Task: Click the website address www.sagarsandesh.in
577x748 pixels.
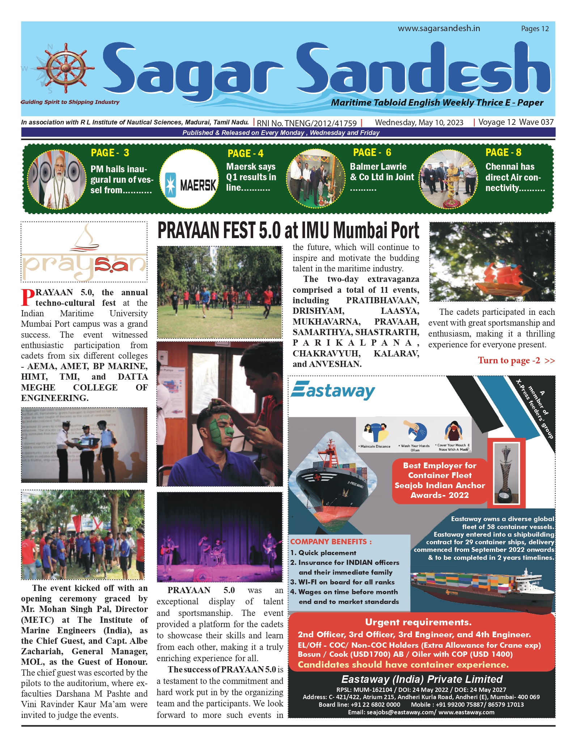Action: (439, 28)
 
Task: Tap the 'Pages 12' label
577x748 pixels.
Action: (535, 29)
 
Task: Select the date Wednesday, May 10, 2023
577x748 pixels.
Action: (419, 122)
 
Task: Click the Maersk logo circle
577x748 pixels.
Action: (189, 179)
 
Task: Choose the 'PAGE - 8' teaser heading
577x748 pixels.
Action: (503, 152)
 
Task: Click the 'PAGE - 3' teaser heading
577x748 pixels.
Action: (110, 153)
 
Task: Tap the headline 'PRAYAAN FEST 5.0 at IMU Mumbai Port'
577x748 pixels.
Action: (288, 231)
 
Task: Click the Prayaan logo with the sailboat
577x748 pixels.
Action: (84, 252)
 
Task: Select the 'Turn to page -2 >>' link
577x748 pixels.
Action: (516, 360)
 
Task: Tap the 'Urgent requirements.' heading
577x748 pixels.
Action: (418, 622)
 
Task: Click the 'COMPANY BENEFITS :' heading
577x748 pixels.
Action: (331, 541)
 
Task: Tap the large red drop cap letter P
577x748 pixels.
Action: (27, 297)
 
